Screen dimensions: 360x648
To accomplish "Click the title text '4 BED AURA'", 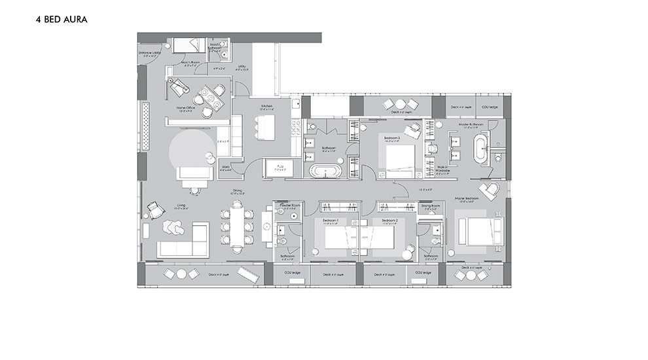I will coord(62,20).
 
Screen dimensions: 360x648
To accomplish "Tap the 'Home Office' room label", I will coord(186,108).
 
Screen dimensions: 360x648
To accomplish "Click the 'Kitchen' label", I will coord(267,105).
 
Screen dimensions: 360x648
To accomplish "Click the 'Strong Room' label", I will coord(431,206).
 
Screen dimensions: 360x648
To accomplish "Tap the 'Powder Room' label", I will coord(289,206).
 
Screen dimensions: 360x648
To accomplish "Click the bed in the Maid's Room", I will coord(189,45).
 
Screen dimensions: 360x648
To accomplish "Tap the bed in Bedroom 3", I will coord(400,160).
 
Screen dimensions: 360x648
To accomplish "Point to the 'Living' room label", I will coord(181,206).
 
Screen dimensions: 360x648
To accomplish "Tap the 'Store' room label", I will coord(226,167).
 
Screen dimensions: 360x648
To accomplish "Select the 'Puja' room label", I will coord(279,166).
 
